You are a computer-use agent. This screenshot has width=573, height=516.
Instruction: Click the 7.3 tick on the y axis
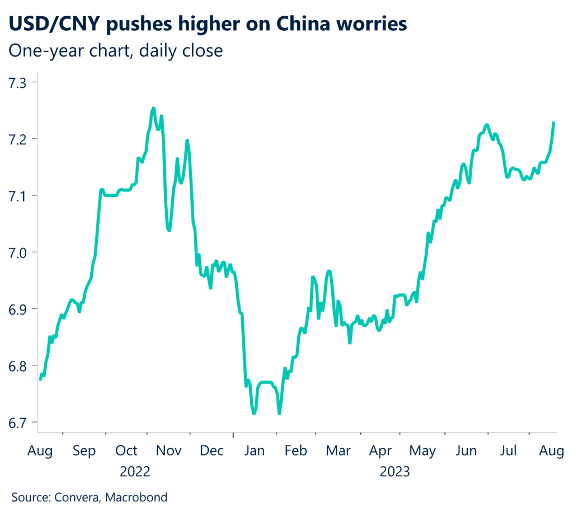(21, 83)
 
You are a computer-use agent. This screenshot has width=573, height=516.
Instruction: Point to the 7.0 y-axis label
(21, 252)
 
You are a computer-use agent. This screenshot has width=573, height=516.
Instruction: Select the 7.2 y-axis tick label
(21, 139)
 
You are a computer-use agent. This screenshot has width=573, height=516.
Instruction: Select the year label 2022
(135, 472)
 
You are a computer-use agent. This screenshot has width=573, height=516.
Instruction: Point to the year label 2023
(395, 472)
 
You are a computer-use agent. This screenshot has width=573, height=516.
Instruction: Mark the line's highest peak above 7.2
(153, 108)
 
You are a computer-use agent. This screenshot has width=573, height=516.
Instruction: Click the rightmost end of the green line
(554, 123)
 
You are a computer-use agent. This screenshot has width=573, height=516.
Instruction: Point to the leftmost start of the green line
(40, 379)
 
